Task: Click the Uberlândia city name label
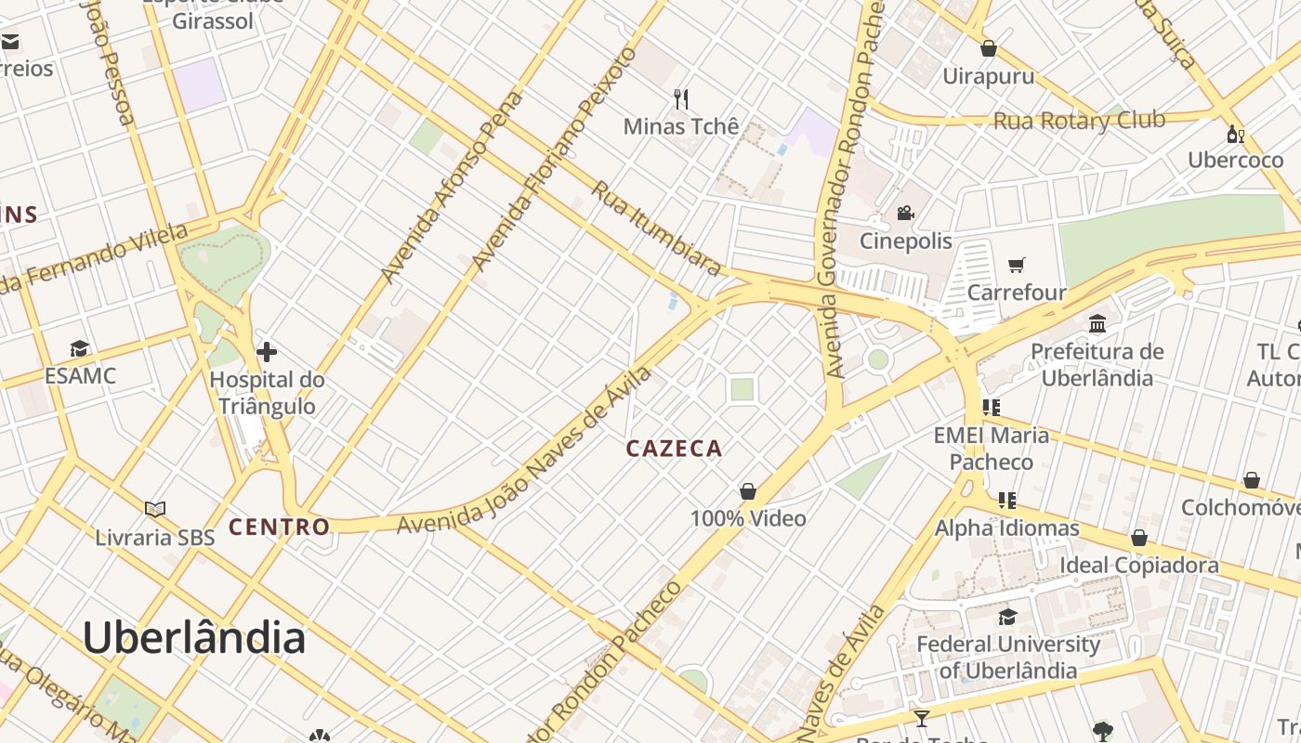pos(194,638)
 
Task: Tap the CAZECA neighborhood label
pos(674,449)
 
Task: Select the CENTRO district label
pos(280,528)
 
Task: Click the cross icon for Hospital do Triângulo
pos(267,352)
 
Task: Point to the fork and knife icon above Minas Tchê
pos(681,98)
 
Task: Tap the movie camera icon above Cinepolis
pos(905,214)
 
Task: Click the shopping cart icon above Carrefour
pos(1017,266)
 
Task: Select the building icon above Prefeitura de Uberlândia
pos(1097,323)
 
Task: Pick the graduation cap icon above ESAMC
pos(80,349)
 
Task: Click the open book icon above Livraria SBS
pos(155,509)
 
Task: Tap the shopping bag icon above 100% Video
pos(748,490)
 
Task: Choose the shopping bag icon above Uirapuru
pos(989,48)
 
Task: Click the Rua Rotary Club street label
pos(1079,121)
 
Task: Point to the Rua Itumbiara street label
pos(657,228)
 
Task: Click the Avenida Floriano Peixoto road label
pos(555,159)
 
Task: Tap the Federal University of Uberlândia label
pos(1008,657)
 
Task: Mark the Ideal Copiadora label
pos(1139,565)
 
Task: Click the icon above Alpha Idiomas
pos(1006,501)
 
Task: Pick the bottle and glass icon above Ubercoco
pos(1235,135)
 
